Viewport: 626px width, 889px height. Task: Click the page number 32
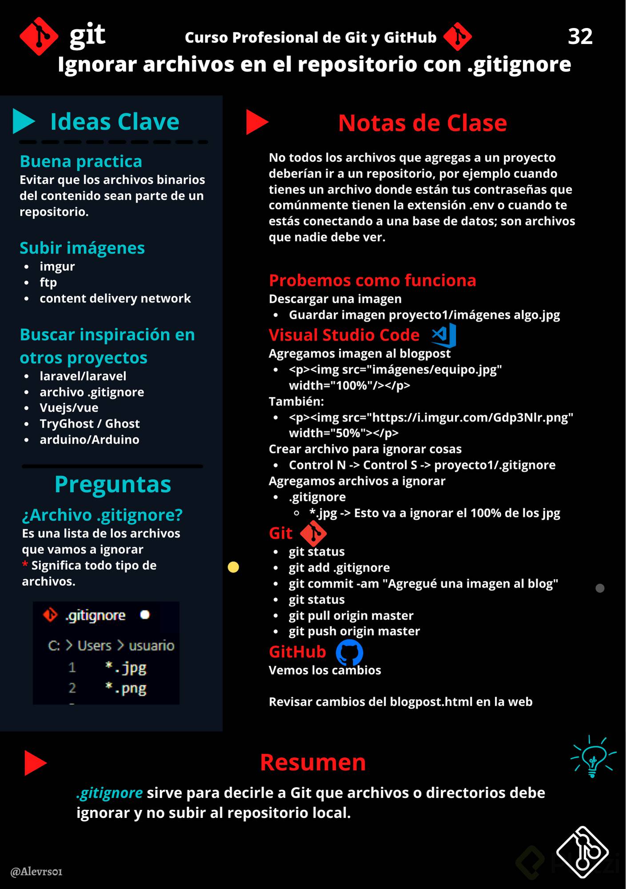[580, 36]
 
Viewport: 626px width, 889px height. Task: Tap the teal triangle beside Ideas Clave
[23, 121]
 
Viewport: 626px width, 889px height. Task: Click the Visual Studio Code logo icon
[444, 335]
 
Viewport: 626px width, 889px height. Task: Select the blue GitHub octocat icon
[349, 652]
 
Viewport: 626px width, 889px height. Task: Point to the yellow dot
[233, 567]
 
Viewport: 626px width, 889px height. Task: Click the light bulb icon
[593, 757]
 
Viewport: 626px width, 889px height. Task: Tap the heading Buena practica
[81, 161]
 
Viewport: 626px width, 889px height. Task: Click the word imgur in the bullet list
[57, 266]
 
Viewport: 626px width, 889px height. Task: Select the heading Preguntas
[113, 484]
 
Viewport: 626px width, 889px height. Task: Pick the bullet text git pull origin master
[351, 615]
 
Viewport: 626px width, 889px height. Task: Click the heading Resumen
[313, 762]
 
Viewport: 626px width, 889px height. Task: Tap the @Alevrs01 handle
[36, 871]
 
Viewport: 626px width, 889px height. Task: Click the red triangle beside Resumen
[35, 763]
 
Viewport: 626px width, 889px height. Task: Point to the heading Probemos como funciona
[372, 280]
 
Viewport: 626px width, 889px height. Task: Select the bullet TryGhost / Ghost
[90, 424]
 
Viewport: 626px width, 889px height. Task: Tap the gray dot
[600, 588]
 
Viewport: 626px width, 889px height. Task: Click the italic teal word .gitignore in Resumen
[110, 793]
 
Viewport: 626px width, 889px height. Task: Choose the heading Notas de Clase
[422, 123]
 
